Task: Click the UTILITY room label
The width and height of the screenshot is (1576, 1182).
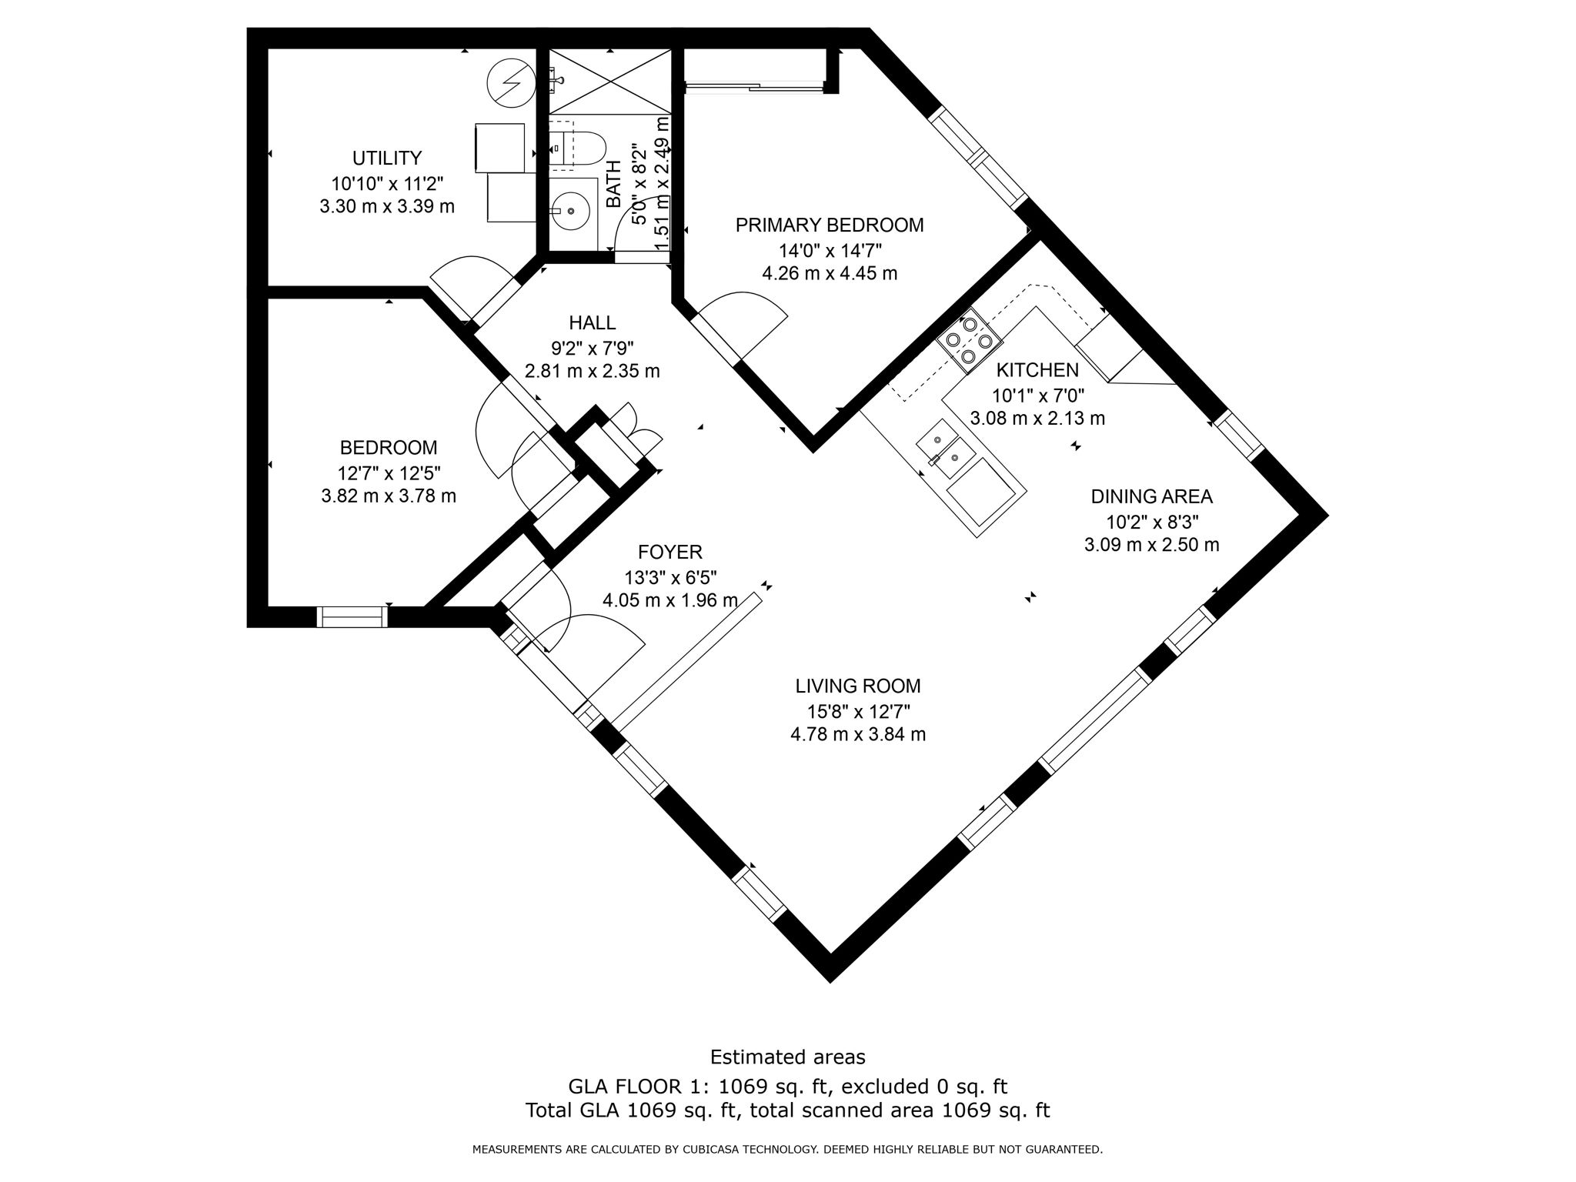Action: pos(386,159)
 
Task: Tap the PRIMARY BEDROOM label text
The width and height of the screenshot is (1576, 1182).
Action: pos(829,225)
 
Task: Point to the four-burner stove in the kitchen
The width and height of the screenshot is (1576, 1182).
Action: pos(969,339)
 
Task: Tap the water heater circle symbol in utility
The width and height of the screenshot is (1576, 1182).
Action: pos(510,82)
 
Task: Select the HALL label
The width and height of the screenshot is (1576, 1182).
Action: pos(592,322)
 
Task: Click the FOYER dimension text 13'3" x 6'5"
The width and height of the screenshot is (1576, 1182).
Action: pos(670,576)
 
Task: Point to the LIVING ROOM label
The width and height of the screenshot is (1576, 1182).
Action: pos(857,686)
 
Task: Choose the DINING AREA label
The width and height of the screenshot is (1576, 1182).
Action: pos(1151,496)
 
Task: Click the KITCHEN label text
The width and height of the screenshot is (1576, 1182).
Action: pos(1037,370)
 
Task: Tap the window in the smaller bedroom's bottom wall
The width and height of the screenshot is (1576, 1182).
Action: pos(352,617)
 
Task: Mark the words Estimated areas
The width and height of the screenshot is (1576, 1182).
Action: pos(787,1057)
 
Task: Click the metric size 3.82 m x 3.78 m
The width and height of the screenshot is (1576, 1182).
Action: pos(388,496)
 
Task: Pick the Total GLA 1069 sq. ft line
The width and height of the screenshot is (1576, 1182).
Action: pos(787,1110)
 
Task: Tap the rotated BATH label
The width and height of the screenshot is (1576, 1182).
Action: pos(613,184)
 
